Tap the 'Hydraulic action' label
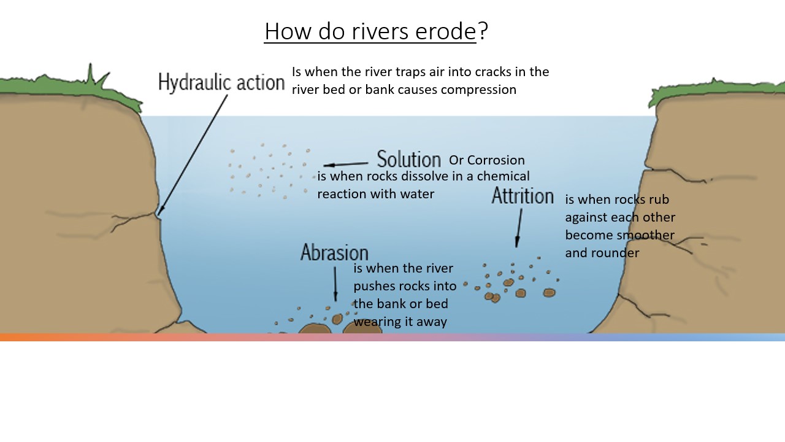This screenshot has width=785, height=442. click(x=221, y=82)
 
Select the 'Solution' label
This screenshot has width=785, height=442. click(x=409, y=159)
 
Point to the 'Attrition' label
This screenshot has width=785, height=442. click(x=523, y=196)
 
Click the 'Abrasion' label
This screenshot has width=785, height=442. click(x=334, y=252)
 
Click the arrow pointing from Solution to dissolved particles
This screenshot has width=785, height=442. click(x=345, y=164)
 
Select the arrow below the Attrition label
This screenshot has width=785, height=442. click(x=519, y=228)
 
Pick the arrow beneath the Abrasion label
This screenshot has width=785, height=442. click(x=335, y=284)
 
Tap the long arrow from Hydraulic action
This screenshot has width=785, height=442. click(x=193, y=155)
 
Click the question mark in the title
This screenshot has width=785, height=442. click(x=483, y=31)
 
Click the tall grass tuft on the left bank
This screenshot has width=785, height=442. click(x=93, y=77)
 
